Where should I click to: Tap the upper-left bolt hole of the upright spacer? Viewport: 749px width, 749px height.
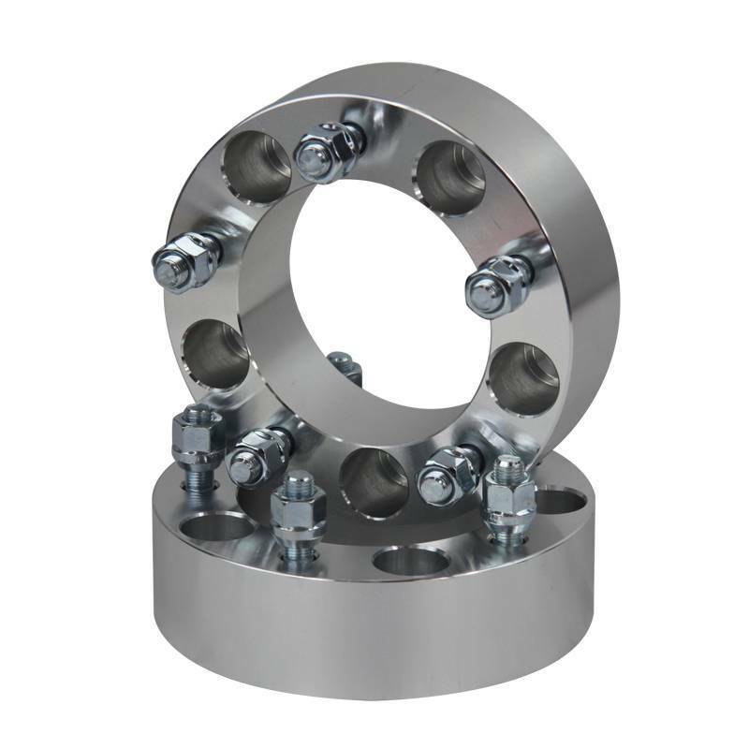click(x=256, y=167)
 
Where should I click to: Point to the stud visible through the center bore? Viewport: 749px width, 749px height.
click(x=345, y=367)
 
